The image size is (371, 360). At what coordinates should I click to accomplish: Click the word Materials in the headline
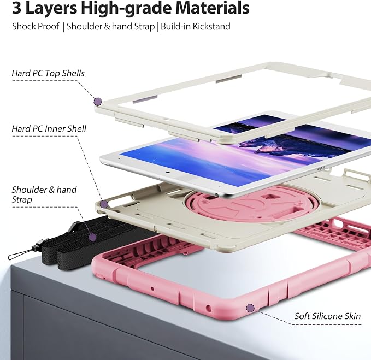(x=212, y=8)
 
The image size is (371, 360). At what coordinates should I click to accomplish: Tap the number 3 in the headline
(x=16, y=8)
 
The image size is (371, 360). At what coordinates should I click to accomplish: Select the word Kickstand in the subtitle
(x=211, y=26)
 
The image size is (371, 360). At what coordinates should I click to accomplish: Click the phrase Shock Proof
(x=36, y=26)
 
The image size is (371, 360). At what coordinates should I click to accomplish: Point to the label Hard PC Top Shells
(x=48, y=73)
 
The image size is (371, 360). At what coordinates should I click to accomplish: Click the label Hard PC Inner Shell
(x=49, y=129)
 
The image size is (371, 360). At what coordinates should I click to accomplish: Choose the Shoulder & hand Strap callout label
(x=44, y=194)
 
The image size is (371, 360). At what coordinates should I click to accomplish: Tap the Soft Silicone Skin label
(x=327, y=316)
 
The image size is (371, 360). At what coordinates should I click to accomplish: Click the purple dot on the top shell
(x=98, y=102)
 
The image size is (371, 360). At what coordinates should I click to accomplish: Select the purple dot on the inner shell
(x=104, y=204)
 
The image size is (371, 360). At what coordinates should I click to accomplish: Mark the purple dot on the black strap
(x=92, y=237)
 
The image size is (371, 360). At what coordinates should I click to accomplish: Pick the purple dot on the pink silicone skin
(x=250, y=308)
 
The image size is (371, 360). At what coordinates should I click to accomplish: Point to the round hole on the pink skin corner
(x=209, y=308)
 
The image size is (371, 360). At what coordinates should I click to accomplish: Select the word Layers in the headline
(x=51, y=8)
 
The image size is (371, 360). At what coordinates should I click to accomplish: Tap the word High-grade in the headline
(x=127, y=9)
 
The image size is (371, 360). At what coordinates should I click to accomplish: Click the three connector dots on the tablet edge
(x=321, y=169)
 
